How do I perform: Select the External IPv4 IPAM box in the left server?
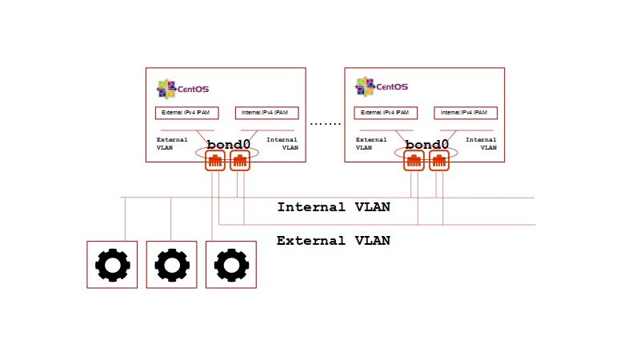(x=186, y=113)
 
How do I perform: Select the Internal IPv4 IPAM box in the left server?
(x=267, y=113)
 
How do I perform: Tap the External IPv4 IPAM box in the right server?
(x=386, y=113)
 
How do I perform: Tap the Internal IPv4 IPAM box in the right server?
(x=466, y=113)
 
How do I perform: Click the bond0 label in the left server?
(x=229, y=145)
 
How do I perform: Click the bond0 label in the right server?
(x=428, y=145)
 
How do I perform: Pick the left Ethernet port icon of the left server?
(x=215, y=162)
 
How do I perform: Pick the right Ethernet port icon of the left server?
(x=240, y=162)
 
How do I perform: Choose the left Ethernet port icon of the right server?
(x=414, y=162)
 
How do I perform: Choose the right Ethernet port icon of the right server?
(x=438, y=162)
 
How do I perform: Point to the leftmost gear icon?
(x=112, y=264)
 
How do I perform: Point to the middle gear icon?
(x=171, y=264)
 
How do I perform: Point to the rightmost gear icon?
(x=230, y=264)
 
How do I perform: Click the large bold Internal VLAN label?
(x=334, y=207)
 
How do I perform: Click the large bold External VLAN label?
(x=334, y=240)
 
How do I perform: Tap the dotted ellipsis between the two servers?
(x=326, y=124)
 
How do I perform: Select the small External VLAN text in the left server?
(x=172, y=143)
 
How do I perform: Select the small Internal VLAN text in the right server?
(x=481, y=143)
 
